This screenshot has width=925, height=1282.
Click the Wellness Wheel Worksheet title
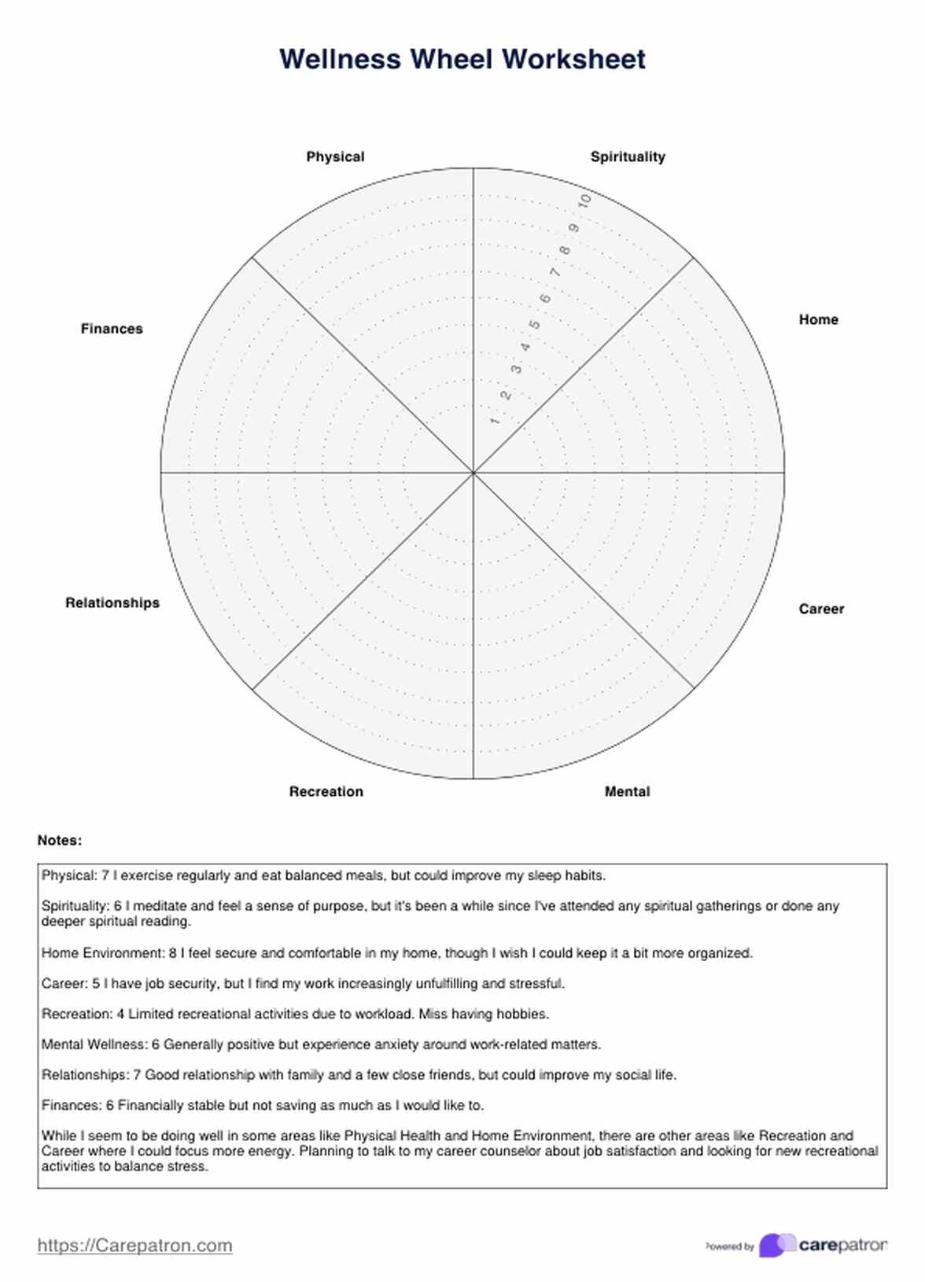462,60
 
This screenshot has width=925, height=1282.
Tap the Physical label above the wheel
335,157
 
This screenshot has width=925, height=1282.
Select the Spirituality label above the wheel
628,157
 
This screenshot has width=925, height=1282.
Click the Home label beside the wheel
818,319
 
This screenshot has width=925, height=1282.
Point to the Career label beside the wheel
821,609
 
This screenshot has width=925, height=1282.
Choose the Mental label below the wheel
627,791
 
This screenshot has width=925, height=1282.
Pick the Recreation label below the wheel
326,791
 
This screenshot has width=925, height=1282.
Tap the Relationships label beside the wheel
112,602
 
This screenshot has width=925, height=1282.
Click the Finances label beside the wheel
112,329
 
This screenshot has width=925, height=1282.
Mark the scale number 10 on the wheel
584,201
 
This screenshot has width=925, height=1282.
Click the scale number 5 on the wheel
535,325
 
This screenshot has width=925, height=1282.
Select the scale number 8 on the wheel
565,251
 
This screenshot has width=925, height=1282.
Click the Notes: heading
60,840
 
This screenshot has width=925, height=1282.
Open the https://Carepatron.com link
135,1245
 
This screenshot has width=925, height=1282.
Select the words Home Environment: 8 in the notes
109,952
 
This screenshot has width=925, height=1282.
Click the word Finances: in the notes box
71,1105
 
